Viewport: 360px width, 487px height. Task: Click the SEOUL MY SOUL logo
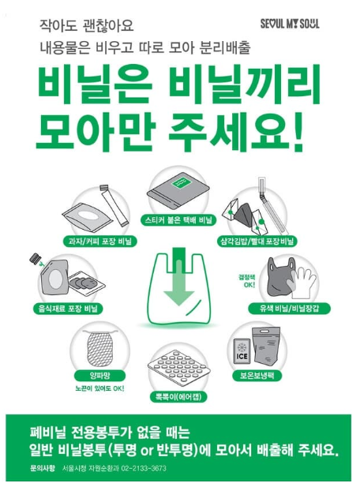point(290,24)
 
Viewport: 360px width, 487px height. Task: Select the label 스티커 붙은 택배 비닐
point(178,220)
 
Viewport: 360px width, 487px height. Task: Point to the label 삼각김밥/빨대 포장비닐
point(257,242)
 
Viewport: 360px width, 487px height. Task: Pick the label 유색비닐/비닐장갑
point(289,309)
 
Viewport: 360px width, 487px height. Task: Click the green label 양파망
point(99,376)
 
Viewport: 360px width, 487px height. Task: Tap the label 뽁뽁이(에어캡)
point(179,397)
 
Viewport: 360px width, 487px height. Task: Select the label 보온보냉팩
point(257,376)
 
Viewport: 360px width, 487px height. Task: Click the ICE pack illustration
point(242,350)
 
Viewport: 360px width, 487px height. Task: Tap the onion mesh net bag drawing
point(100,348)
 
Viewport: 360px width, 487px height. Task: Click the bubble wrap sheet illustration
point(178,367)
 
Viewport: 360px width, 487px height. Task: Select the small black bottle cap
point(34,258)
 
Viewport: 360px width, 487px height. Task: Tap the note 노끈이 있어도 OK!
point(99,388)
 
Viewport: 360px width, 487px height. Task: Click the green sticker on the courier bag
point(179,184)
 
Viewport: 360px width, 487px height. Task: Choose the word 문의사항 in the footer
point(43,468)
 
